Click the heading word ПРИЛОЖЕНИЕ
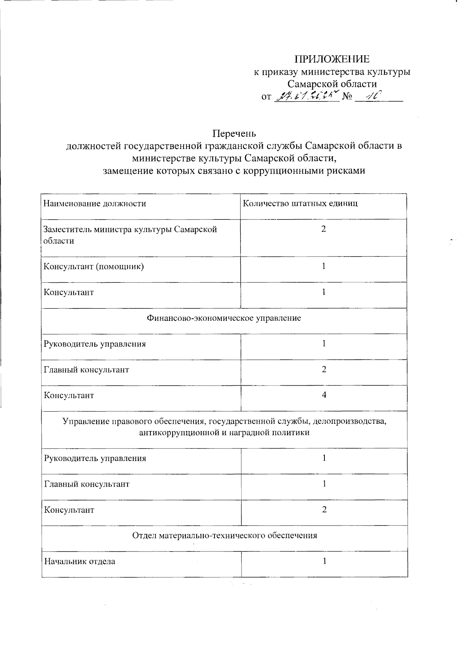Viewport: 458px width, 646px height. (x=332, y=59)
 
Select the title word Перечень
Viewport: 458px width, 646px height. (x=234, y=133)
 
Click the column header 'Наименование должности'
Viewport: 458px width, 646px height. (x=95, y=204)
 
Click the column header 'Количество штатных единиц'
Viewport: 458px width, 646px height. (x=300, y=204)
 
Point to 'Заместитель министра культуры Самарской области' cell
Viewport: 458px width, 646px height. (x=130, y=235)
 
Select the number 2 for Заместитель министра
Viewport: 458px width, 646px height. (x=323, y=229)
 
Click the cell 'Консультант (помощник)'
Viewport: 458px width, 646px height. (x=94, y=266)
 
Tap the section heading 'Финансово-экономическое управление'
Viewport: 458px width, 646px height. (x=224, y=318)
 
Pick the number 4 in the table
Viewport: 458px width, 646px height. (x=324, y=395)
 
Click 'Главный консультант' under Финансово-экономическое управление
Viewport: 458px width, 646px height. (x=87, y=370)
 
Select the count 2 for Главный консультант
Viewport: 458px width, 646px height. (x=324, y=369)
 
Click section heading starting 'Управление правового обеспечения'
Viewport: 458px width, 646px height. (x=224, y=427)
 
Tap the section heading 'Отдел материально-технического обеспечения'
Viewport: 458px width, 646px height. (x=224, y=535)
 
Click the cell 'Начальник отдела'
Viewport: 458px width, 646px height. (x=80, y=561)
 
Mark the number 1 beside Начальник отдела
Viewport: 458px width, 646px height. (x=324, y=561)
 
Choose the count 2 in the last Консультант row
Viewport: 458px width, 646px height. (x=324, y=510)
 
